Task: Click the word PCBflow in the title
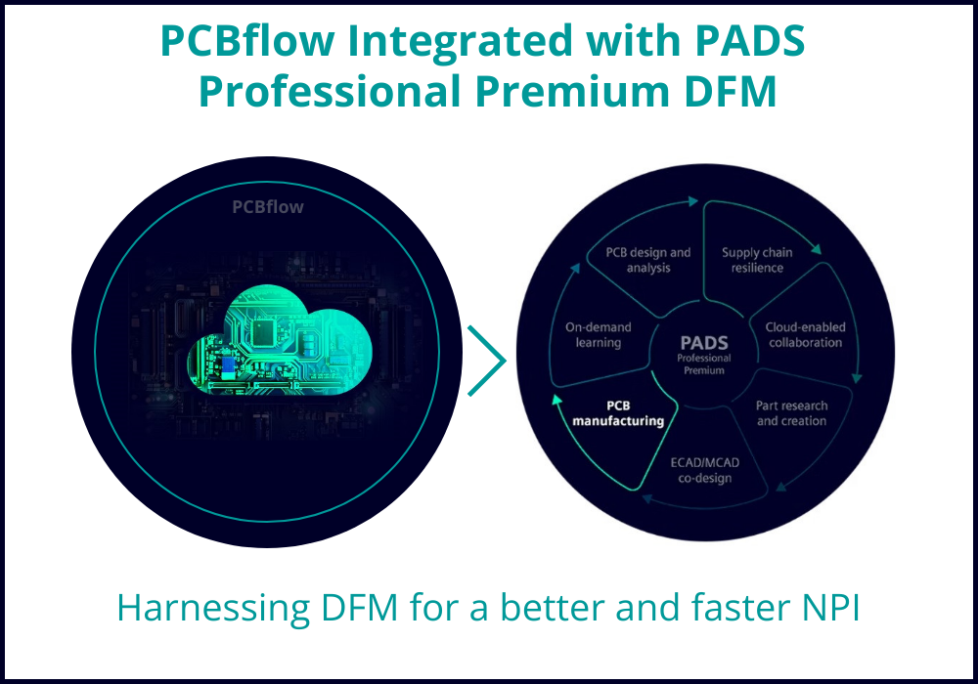pyautogui.click(x=247, y=40)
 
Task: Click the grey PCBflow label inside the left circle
pyautogui.click(x=268, y=207)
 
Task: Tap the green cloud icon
pyautogui.click(x=280, y=340)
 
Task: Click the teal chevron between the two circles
pyautogui.click(x=486, y=360)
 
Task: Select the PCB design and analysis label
pyautogui.click(x=648, y=260)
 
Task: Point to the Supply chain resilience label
pyautogui.click(x=757, y=260)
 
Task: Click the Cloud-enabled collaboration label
pyautogui.click(x=805, y=334)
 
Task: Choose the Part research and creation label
pyautogui.click(x=791, y=413)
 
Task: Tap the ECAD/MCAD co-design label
pyautogui.click(x=705, y=470)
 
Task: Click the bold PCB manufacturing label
pyautogui.click(x=618, y=413)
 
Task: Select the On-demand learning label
pyautogui.click(x=599, y=334)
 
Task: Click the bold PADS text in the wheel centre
pyautogui.click(x=704, y=343)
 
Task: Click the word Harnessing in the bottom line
pyautogui.click(x=213, y=609)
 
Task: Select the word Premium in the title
pyautogui.click(x=571, y=91)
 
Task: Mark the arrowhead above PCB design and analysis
pyautogui.click(x=692, y=201)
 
